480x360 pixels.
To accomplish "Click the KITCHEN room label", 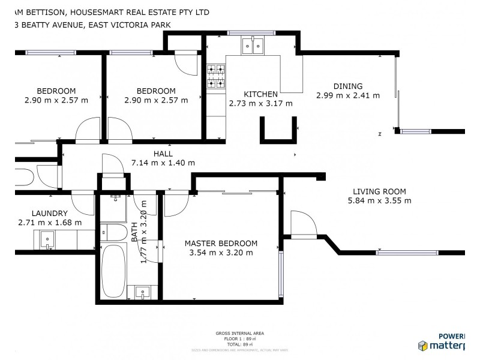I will pyautogui.click(x=260, y=94).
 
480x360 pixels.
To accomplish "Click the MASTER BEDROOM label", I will pyautogui.click(x=221, y=244).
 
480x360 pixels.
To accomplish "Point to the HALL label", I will pyautogui.click(x=163, y=154).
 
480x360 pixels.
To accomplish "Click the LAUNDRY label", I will pyautogui.click(x=50, y=213).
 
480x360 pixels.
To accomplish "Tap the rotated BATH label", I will pyautogui.click(x=134, y=232).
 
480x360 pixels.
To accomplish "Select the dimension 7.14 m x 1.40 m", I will pyautogui.click(x=163, y=163).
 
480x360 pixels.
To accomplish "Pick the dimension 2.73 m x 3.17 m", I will pyautogui.click(x=260, y=103).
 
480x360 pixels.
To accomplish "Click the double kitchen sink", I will pyautogui.click(x=253, y=46).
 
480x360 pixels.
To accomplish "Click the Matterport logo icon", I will pyautogui.click(x=424, y=346).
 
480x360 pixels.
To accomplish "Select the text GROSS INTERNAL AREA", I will pyautogui.click(x=239, y=333).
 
